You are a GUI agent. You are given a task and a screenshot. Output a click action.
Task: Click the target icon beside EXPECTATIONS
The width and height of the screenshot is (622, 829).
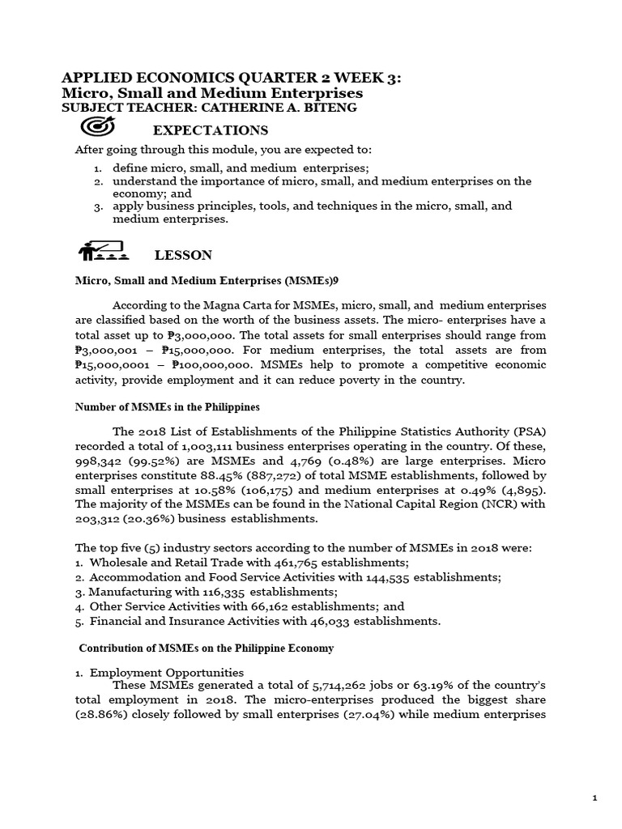(99, 128)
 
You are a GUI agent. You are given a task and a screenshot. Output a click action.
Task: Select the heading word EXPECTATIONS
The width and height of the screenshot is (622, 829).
(211, 130)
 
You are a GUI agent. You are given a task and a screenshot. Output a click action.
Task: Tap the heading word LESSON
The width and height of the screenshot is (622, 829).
(183, 255)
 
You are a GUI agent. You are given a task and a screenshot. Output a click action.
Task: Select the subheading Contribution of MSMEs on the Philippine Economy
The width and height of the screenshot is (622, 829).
(206, 648)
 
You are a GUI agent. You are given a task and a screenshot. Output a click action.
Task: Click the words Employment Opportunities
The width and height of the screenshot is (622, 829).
(166, 672)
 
